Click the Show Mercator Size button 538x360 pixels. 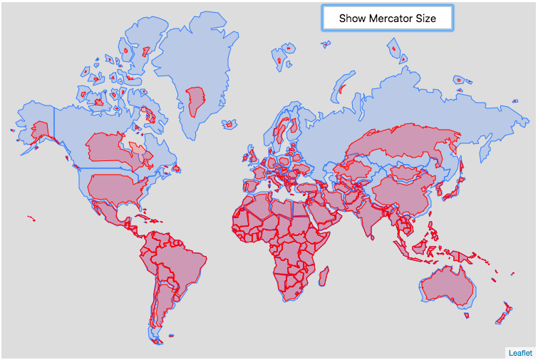[387, 19]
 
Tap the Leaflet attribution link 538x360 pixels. [519, 352]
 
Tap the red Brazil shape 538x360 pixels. [178, 257]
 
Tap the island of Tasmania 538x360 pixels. [467, 314]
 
